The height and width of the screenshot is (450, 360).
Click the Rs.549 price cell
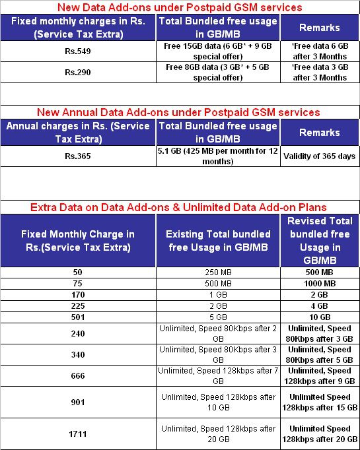[x=79, y=51]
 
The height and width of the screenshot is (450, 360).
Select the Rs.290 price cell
[x=79, y=73]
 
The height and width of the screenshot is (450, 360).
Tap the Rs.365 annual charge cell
[x=79, y=156]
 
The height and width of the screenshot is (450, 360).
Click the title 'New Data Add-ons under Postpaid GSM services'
[x=180, y=8]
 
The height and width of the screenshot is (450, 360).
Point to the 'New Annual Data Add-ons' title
[x=178, y=112]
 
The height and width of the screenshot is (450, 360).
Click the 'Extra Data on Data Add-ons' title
[x=178, y=207]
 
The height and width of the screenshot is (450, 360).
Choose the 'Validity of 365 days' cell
[x=320, y=156]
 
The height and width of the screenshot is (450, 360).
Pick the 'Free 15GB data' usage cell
[x=218, y=51]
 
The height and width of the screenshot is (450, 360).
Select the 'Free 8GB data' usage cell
[x=218, y=73]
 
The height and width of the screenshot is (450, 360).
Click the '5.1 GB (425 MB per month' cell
[x=218, y=156]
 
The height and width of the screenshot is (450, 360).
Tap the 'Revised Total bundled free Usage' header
[x=320, y=241]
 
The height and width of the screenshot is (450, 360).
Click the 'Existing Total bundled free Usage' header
[x=218, y=241]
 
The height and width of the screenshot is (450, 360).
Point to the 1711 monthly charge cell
[x=79, y=434]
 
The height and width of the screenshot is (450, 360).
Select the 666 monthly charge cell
[x=79, y=375]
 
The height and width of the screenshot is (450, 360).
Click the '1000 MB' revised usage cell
[x=320, y=283]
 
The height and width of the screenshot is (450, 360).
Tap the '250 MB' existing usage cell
[x=218, y=273]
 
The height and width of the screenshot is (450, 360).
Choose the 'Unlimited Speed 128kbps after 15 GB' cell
[x=320, y=402]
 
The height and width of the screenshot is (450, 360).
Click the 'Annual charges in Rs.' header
[x=79, y=132]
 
